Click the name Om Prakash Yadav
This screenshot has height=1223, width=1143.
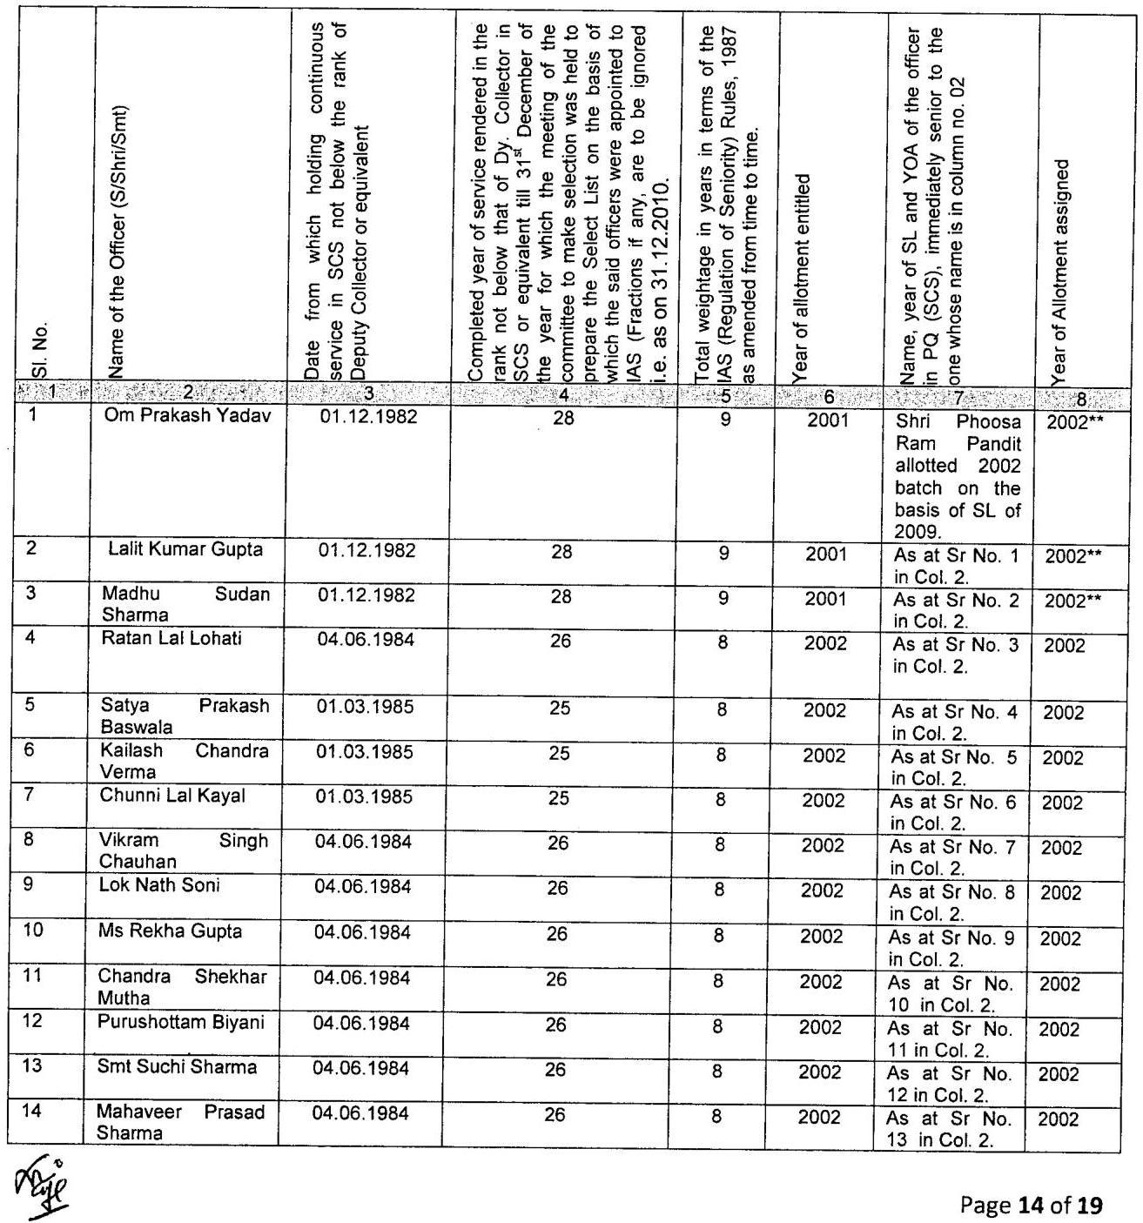[188, 416]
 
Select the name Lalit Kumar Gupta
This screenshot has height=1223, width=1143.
[185, 550]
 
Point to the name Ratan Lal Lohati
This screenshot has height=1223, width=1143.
[171, 639]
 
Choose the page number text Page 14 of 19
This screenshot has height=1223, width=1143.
[1031, 1205]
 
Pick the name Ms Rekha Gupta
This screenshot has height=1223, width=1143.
[170, 931]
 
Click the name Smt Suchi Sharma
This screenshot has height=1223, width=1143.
[177, 1067]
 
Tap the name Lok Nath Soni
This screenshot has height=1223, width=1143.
[159, 885]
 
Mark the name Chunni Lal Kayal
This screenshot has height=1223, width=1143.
[172, 795]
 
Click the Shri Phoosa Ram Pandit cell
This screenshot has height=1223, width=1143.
[958, 475]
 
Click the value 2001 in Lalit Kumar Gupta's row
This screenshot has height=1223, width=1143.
[825, 554]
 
